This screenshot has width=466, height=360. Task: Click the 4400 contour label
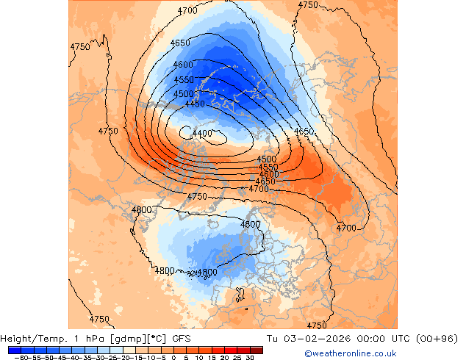click(201, 134)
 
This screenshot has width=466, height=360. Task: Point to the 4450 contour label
click(195, 104)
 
